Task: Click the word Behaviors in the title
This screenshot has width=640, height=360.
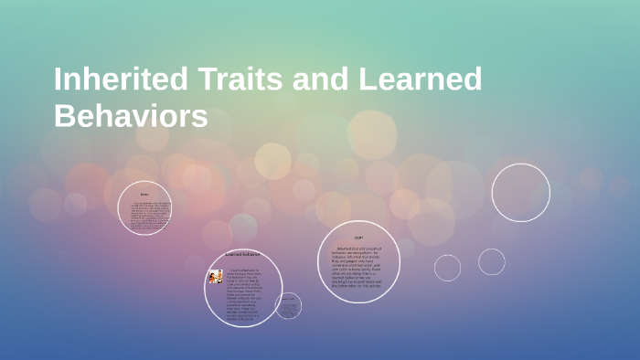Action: [x=131, y=117]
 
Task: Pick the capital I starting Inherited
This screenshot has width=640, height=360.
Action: [x=59, y=79]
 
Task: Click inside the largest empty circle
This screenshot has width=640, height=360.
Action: [x=520, y=193]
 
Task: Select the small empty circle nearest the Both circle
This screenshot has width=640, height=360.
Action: [x=447, y=268]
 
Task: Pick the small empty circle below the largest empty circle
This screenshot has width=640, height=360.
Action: [x=491, y=261]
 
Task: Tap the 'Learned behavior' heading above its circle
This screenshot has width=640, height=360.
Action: [x=242, y=254]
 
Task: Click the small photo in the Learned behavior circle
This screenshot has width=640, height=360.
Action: [x=216, y=276]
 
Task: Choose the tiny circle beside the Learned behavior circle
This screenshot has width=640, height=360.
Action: [x=288, y=306]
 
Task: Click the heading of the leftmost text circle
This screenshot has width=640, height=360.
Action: [x=144, y=194]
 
